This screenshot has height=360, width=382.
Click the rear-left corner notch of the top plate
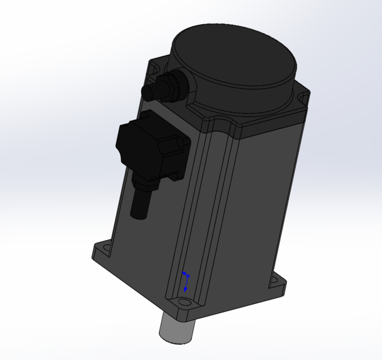[x=152, y=68]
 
